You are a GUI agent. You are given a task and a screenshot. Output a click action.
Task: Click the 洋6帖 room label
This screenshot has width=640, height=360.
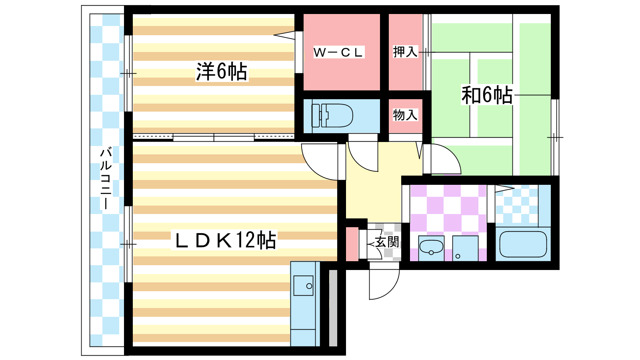tap(222, 72)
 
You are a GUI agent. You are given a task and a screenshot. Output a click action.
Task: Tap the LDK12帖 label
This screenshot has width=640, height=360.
tap(225, 240)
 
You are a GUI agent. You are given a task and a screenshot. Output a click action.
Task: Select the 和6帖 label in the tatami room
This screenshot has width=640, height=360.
tap(487, 95)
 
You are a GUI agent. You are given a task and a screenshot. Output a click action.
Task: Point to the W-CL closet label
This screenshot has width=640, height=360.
tap(338, 52)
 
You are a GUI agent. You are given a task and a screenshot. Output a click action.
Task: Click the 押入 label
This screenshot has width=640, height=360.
tap(405, 52)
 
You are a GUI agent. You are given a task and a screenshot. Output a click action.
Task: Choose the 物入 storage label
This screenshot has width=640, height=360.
tap(405, 115)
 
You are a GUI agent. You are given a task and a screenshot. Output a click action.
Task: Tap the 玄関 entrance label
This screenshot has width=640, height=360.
tap(387, 242)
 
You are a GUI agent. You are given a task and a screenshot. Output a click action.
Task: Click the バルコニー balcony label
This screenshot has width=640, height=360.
tap(106, 178)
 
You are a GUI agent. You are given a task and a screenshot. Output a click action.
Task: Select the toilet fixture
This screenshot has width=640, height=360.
tap(332, 116)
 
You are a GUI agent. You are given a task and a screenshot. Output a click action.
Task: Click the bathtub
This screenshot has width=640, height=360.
tap(523, 244)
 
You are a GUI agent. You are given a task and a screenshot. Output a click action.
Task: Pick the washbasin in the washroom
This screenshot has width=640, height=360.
tap(431, 248)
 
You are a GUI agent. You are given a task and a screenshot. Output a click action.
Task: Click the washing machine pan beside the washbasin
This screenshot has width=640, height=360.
tap(465, 248)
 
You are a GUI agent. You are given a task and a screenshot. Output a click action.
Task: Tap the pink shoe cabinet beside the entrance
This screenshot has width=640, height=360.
tap(352, 244)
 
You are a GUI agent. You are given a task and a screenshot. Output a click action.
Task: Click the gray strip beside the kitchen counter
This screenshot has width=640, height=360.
tap(333, 308)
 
